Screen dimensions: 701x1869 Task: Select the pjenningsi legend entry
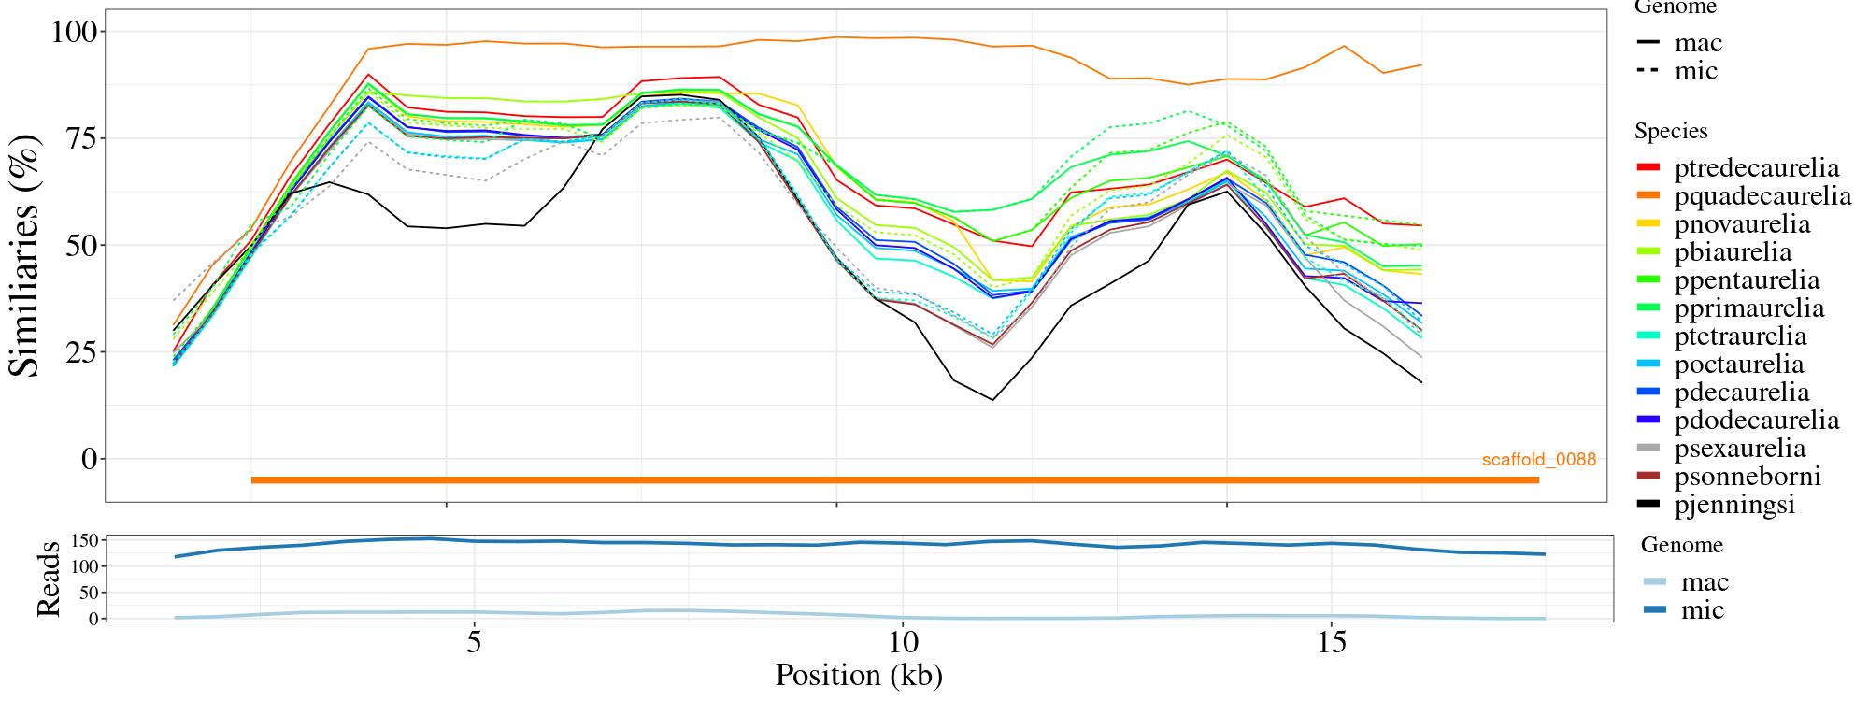pyautogui.click(x=1734, y=505)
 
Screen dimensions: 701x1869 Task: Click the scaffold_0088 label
pyautogui.click(x=1538, y=460)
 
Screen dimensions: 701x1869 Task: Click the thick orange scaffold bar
pyautogui.click(x=894, y=480)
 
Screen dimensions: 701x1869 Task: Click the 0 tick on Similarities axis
pyautogui.click(x=89, y=459)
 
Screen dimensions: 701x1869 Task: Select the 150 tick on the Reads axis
pyautogui.click(x=85, y=540)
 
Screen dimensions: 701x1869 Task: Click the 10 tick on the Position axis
pyautogui.click(x=902, y=644)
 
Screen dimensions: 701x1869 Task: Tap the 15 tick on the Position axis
pyautogui.click(x=1330, y=644)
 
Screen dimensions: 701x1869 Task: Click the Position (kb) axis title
pyautogui.click(x=858, y=675)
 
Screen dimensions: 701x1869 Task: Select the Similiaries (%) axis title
pyautogui.click(x=26, y=254)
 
